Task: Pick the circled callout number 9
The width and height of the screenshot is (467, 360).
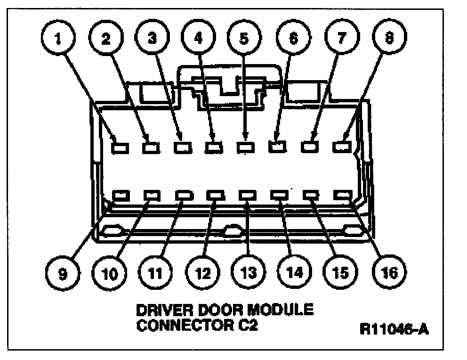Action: click(63, 272)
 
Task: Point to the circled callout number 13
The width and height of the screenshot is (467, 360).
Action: click(248, 272)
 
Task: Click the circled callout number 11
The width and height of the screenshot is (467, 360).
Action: click(155, 272)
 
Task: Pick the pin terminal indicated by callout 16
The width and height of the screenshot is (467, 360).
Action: click(343, 194)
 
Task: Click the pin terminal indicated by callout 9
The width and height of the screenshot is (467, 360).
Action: click(121, 194)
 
